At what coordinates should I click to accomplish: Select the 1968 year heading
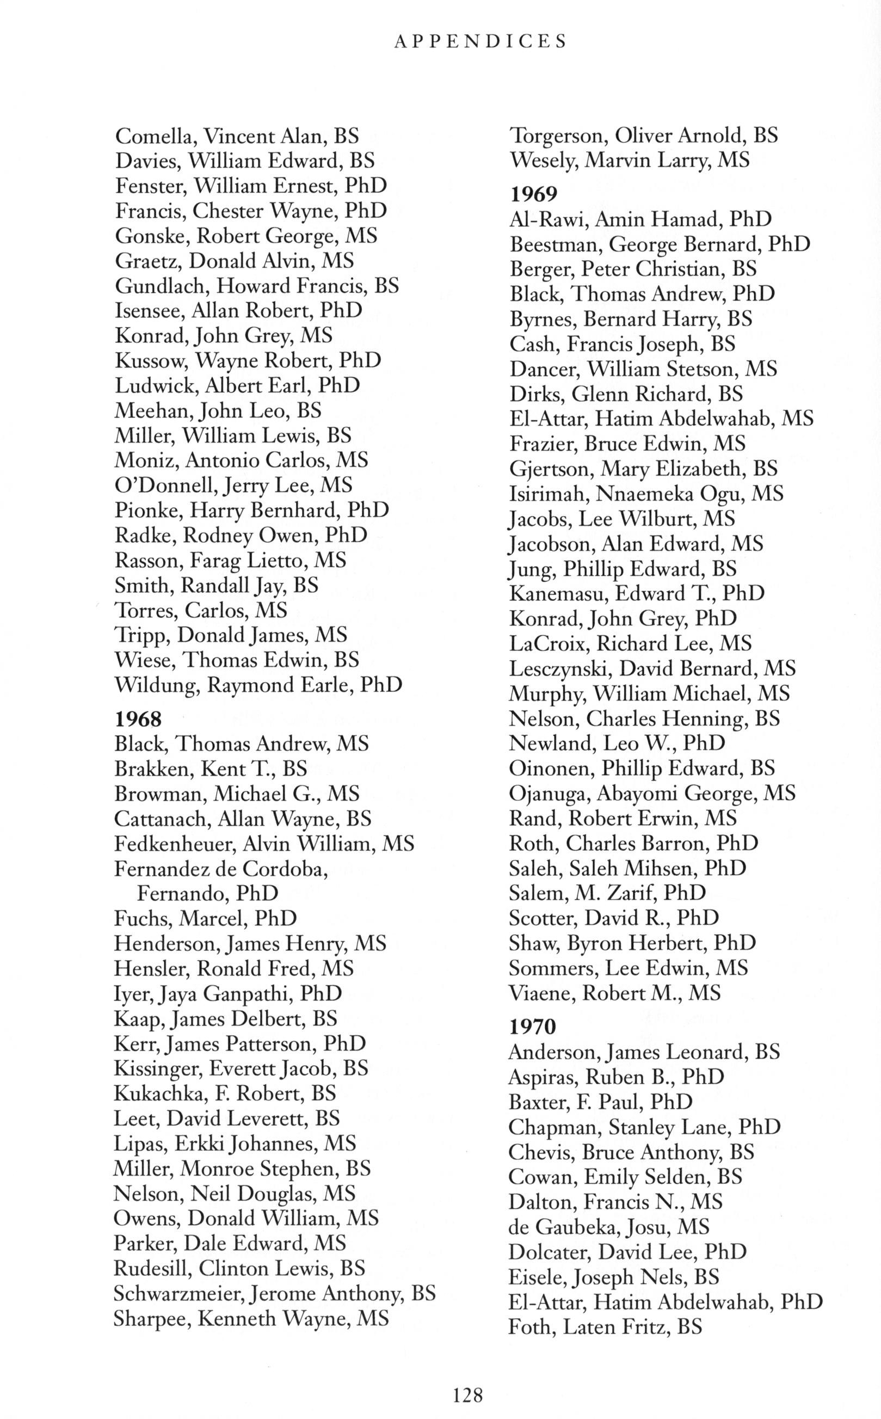(138, 720)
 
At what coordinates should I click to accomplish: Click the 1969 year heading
(533, 193)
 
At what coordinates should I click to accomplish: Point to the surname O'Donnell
(155, 486)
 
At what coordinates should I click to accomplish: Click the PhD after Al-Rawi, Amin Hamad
(750, 219)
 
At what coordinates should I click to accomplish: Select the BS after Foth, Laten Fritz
(691, 1327)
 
